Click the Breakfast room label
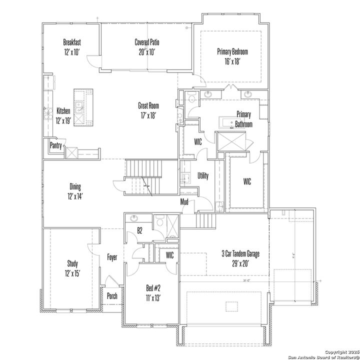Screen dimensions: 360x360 click(x=72, y=42)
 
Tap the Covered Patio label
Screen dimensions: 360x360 click(x=146, y=42)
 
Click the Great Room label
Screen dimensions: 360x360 click(x=148, y=105)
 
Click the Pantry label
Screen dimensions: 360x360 click(x=55, y=145)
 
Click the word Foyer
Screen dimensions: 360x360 click(x=112, y=257)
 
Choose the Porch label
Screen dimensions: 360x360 click(x=112, y=296)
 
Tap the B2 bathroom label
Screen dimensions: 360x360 click(x=140, y=231)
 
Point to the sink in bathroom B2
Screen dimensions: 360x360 click(x=134, y=218)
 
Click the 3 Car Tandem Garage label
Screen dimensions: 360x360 click(x=240, y=254)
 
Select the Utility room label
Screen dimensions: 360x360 click(x=203, y=176)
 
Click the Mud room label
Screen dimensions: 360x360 click(x=184, y=201)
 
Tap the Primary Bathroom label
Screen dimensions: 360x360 click(x=244, y=119)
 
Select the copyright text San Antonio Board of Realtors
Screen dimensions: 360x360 click(x=320, y=355)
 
